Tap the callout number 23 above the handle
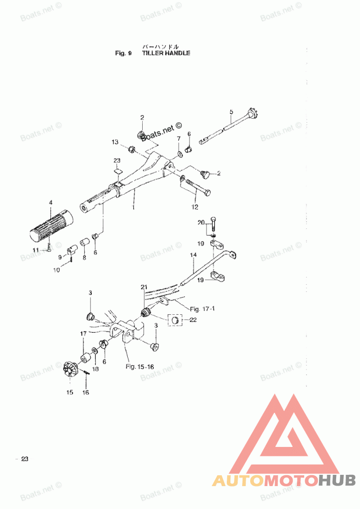(117, 161)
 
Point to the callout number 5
(231, 111)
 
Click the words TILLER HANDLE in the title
(166, 53)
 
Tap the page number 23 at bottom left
(24, 459)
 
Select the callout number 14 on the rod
(193, 255)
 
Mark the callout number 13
(115, 142)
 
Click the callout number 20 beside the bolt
(201, 222)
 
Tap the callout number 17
(83, 334)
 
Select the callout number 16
(85, 393)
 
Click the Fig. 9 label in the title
(123, 53)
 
